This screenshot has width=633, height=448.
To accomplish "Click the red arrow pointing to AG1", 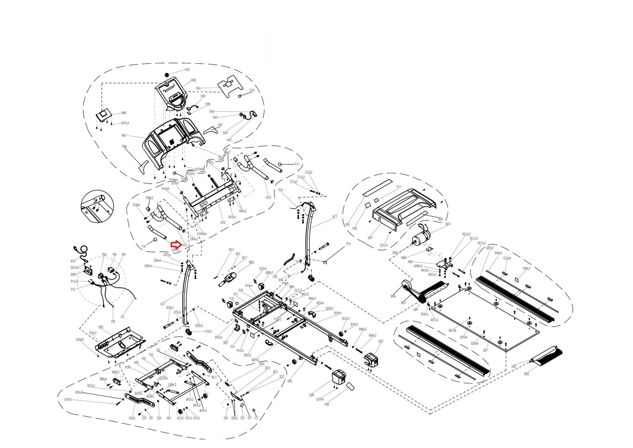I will (x=176, y=244).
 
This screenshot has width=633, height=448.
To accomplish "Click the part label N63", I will (x=187, y=70).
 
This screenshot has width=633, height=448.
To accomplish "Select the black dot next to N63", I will (x=167, y=75).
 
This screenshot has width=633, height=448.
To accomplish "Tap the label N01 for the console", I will (x=124, y=136).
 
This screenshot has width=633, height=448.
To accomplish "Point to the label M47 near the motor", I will (x=448, y=224).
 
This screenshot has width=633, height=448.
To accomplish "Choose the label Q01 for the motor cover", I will (x=370, y=238).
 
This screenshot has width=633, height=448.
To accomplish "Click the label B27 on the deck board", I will (x=485, y=350).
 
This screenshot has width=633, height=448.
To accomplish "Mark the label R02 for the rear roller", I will (x=526, y=374).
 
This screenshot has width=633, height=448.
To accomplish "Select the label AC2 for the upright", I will (x=334, y=217).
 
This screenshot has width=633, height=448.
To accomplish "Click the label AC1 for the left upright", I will (x=163, y=304).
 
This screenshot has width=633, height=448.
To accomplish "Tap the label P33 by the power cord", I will (x=73, y=261).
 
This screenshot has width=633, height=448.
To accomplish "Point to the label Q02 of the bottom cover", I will (x=101, y=327).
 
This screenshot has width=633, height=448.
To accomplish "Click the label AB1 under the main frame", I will (x=290, y=381).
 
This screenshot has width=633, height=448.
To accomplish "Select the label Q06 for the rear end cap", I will (x=312, y=395).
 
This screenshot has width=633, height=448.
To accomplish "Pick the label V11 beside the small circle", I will (x=297, y=164).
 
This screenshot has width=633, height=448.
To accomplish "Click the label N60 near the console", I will (x=124, y=113).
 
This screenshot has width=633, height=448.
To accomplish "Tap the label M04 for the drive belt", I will (x=393, y=296).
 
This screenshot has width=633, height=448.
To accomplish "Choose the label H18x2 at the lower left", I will (x=68, y=399).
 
